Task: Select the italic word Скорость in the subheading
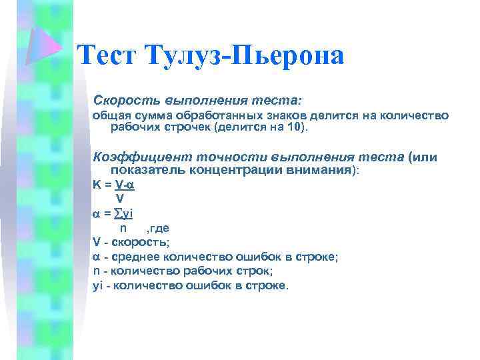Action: point(124,99)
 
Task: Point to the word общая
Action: point(108,115)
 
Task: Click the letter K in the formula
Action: point(96,185)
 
